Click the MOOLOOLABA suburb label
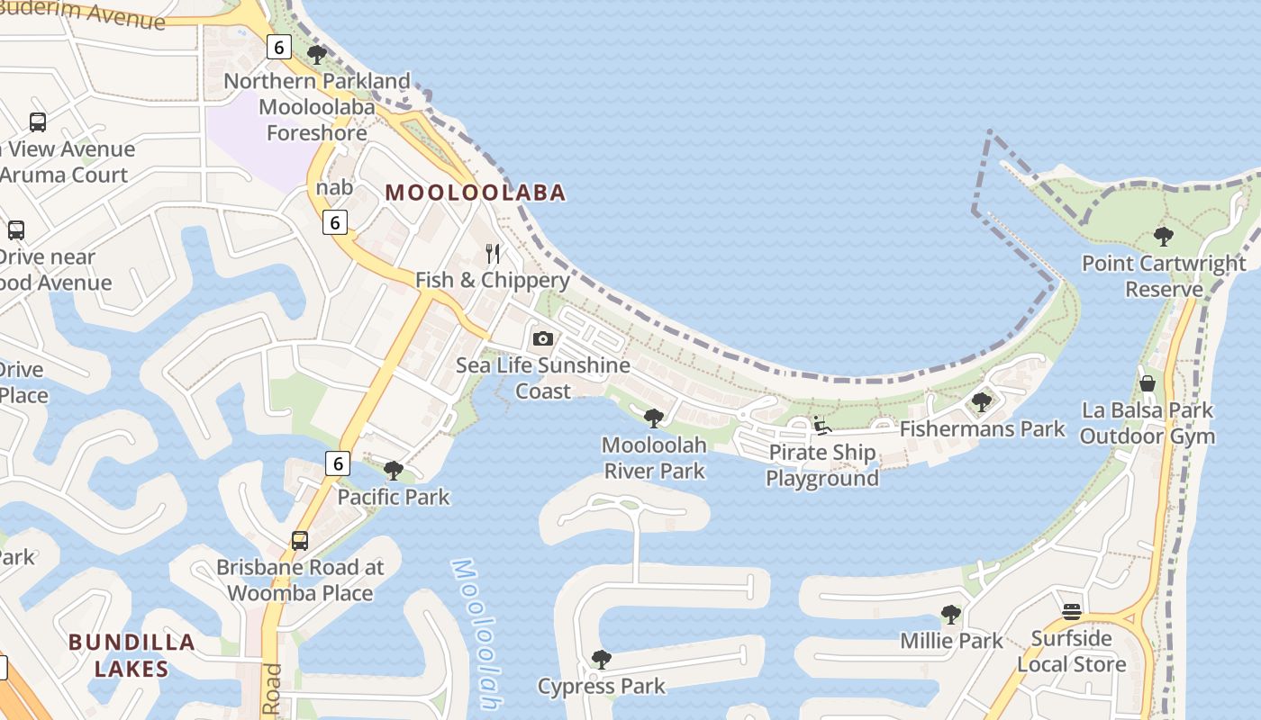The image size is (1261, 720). [476, 192]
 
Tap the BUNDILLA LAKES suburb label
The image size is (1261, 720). [132, 655]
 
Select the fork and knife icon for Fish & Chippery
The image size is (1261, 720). [493, 254]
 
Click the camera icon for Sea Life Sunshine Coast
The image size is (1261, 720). [542, 338]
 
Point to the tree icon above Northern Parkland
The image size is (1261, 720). [317, 55]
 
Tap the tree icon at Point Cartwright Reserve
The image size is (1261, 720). [1164, 237]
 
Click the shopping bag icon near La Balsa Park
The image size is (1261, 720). [1148, 383]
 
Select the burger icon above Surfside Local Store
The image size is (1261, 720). [1071, 612]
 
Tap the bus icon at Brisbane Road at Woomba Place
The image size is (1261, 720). [300, 541]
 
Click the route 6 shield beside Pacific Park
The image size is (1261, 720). [337, 463]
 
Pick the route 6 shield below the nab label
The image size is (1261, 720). [335, 221]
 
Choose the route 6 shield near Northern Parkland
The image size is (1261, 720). [278, 47]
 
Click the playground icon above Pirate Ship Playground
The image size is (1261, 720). [821, 426]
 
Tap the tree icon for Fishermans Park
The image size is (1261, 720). [982, 402]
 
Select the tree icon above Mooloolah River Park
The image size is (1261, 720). [654, 418]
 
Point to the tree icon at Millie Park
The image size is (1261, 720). [951, 615]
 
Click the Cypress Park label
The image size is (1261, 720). [602, 686]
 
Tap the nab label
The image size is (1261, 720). [334, 188]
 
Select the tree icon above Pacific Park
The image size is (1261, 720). [393, 470]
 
